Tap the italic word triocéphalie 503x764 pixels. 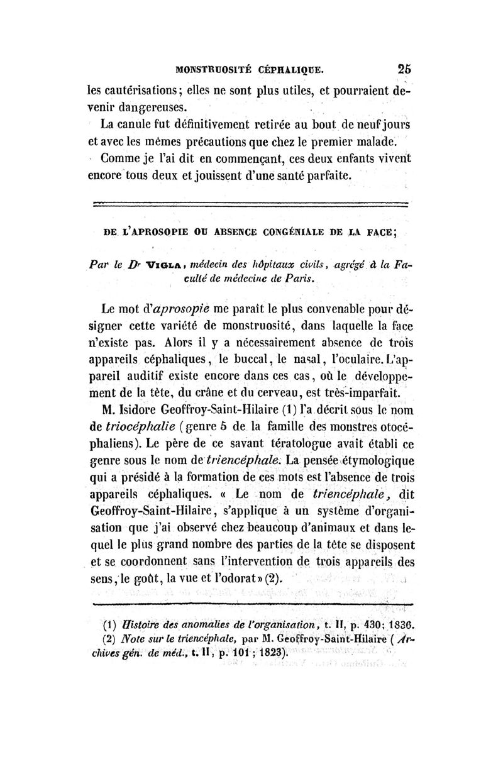point(144,429)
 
